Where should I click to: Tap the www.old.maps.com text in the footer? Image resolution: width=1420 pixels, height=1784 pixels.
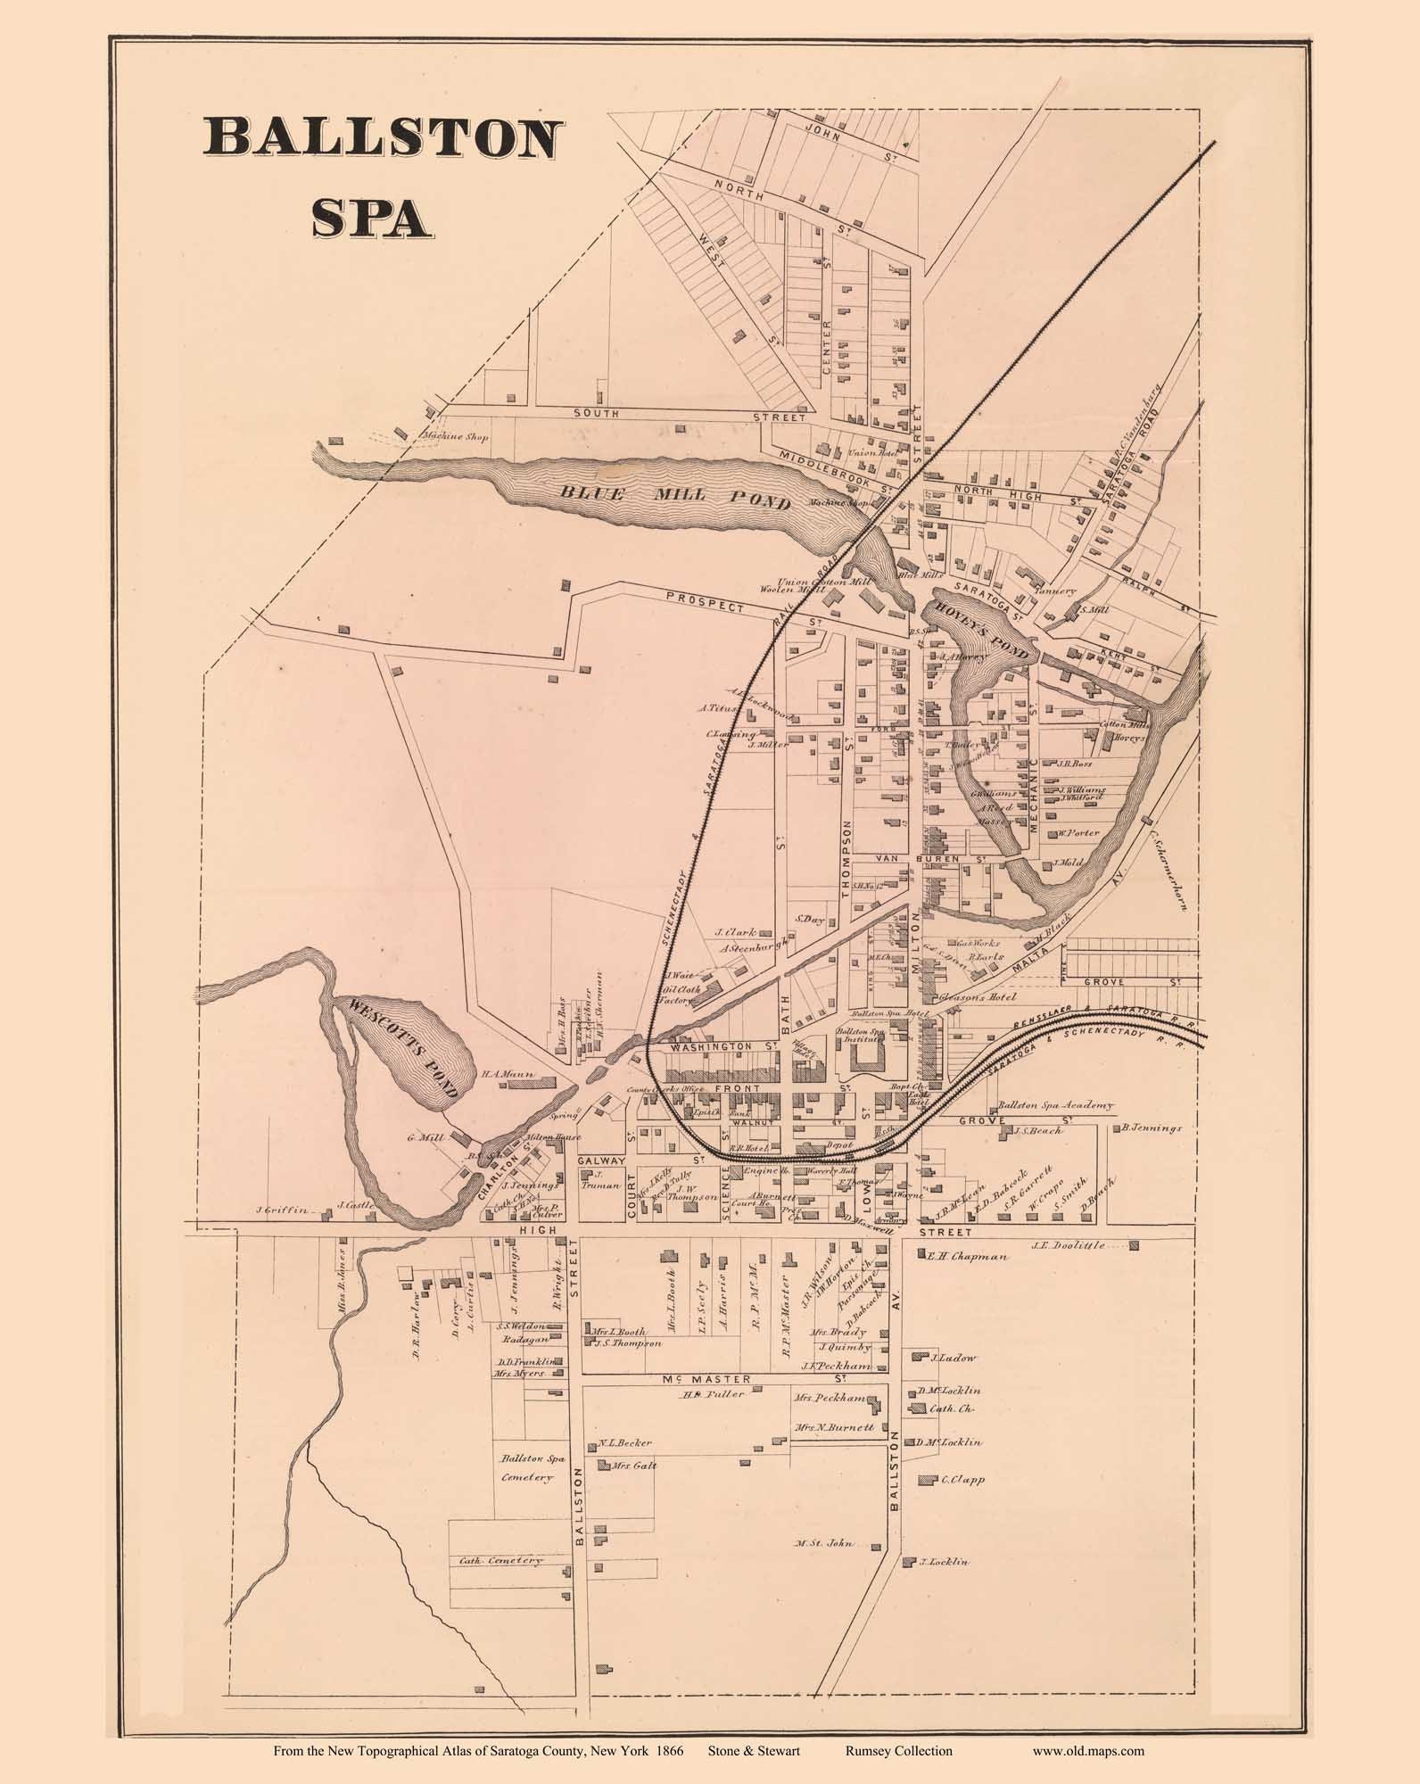(1088, 1751)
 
